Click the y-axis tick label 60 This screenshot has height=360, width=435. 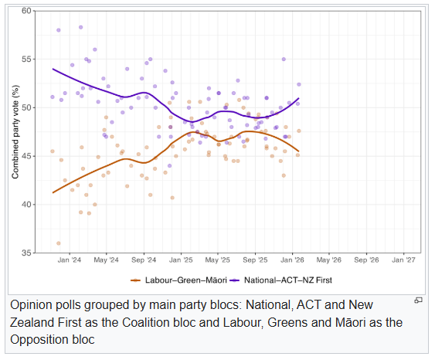(x=27, y=11)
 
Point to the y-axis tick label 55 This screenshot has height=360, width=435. (x=27, y=59)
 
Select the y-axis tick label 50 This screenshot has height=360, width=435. (x=27, y=107)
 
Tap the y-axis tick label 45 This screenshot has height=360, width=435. (x=27, y=156)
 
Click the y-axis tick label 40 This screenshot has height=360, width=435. (x=27, y=205)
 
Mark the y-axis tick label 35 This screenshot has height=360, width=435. (x=27, y=253)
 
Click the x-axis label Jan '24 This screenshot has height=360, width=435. (x=70, y=261)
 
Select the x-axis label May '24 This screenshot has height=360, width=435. (x=107, y=261)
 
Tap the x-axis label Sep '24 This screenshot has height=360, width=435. (x=144, y=261)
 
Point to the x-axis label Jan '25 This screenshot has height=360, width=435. (x=182, y=261)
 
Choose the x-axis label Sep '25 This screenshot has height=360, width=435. (x=256, y=261)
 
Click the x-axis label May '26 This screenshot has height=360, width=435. (x=330, y=261)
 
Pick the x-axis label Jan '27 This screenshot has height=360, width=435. (x=404, y=261)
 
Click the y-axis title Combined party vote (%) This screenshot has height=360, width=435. (x=15, y=131)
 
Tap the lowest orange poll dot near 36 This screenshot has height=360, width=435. (x=59, y=243)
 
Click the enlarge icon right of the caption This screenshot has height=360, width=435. (x=418, y=300)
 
